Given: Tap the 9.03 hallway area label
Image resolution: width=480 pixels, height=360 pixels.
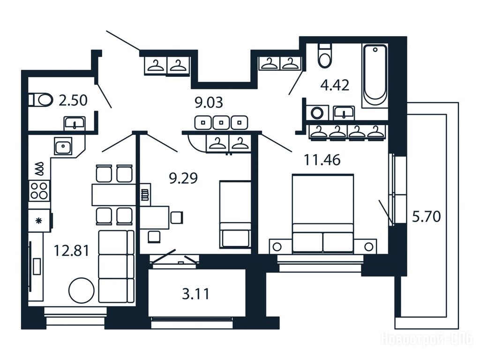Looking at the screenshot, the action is [x=209, y=103].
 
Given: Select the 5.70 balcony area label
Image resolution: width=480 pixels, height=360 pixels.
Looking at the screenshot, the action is [x=427, y=217].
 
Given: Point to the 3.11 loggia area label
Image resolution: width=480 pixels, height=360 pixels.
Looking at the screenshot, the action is [x=196, y=294].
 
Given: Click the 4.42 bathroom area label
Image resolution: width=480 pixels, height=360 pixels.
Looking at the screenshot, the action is [x=335, y=85].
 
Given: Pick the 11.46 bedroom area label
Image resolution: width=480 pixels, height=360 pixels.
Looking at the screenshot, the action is [x=322, y=160].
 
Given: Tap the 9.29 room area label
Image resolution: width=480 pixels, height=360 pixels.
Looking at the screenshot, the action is [x=183, y=178].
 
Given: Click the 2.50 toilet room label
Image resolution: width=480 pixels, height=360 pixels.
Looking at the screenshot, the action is [x=73, y=100].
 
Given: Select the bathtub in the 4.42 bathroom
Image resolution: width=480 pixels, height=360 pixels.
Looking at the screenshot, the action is [x=375, y=75].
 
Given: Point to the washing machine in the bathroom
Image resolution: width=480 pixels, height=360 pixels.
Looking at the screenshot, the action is [x=317, y=112].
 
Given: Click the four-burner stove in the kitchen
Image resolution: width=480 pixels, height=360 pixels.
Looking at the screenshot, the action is [x=39, y=190].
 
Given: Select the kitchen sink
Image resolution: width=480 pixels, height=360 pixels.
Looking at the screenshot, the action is [x=63, y=146].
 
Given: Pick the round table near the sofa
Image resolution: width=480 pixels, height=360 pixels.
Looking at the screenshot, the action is [x=81, y=290].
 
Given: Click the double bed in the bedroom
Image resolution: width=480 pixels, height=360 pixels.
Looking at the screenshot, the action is [x=323, y=214].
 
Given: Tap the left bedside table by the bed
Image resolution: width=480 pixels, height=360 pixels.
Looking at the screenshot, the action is [x=277, y=247].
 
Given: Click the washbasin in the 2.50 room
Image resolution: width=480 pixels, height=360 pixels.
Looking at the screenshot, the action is [x=75, y=123].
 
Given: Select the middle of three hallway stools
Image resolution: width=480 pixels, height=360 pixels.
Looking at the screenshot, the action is [x=221, y=122].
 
